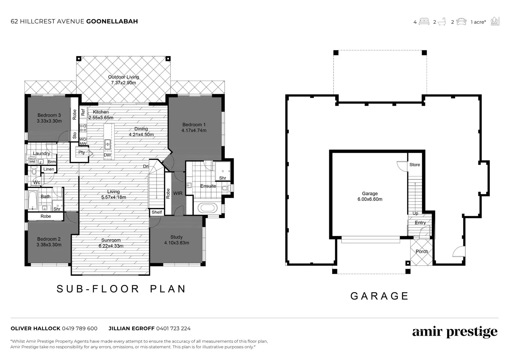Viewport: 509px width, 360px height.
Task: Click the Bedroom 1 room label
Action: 194,125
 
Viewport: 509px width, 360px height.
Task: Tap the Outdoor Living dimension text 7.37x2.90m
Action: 123,83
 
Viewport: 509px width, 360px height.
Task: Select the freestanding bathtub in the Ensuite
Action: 207,208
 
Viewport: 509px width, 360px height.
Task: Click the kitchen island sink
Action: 108,144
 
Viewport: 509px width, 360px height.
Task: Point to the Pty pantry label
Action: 82,153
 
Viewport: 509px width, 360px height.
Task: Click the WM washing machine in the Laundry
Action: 32,162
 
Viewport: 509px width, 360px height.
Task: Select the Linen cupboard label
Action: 49,169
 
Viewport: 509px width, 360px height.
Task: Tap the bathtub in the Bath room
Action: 32,200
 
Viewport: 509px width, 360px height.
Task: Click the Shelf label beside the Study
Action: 157,212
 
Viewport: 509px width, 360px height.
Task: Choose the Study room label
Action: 176,237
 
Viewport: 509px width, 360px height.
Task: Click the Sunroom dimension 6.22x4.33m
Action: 111,246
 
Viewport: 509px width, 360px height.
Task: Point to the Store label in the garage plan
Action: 415,165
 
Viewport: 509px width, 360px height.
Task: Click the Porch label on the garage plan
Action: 422,252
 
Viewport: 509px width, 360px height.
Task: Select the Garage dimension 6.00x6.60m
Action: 370,199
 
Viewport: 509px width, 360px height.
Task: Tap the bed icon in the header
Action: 424,22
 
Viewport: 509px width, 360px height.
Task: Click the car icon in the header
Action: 461,22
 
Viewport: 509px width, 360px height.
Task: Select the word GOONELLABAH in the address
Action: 112,21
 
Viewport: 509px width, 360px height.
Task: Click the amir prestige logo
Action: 455,332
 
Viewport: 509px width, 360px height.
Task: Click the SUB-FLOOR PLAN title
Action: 121,289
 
